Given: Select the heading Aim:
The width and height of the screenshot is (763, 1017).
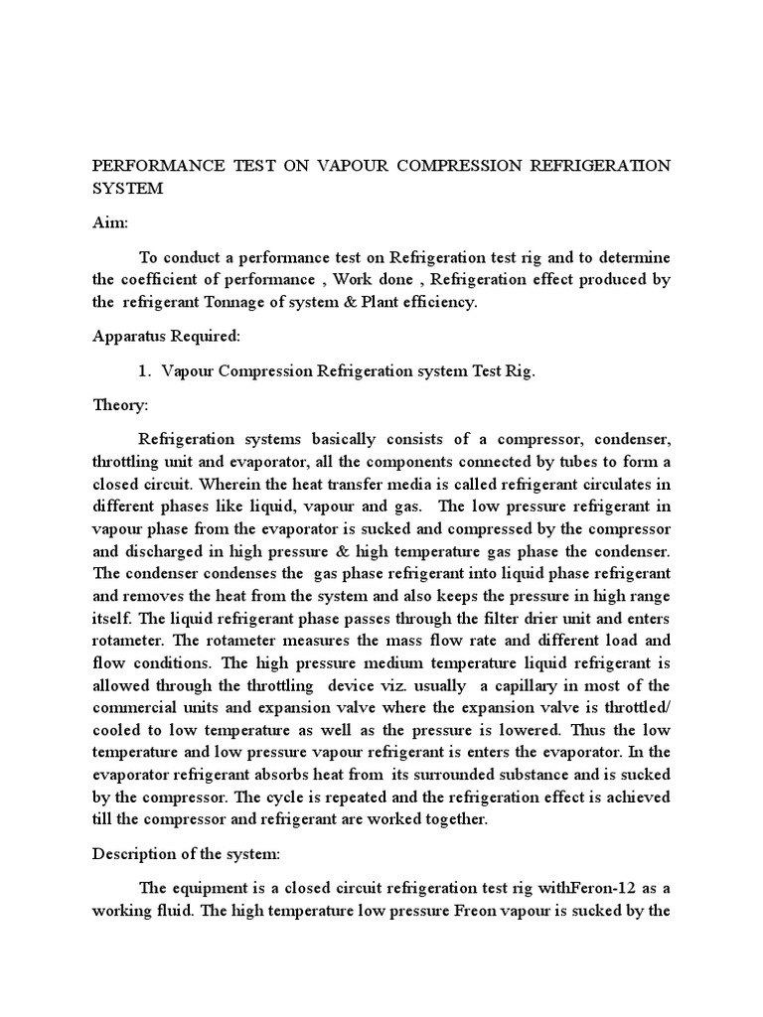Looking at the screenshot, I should coord(110,225).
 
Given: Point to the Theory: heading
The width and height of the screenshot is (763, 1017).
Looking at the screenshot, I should coord(120,405).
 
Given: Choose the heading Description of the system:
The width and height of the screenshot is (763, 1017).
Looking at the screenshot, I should coord(180,854).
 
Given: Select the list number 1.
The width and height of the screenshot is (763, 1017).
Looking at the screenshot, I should coord(143,370).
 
